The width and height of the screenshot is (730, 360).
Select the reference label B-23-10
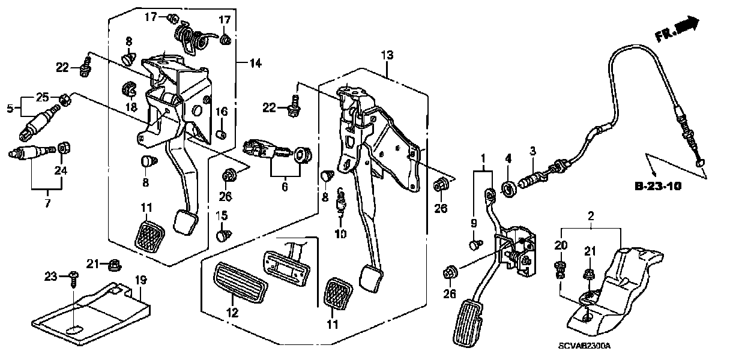tap(658, 187)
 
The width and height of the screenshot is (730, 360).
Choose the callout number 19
tap(140, 280)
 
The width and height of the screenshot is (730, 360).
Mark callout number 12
tap(232, 313)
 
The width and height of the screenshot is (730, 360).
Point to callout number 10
tap(341, 234)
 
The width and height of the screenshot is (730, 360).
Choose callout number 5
tap(10, 109)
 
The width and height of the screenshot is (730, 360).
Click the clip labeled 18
tap(129, 89)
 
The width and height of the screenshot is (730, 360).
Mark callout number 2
tap(590, 215)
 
